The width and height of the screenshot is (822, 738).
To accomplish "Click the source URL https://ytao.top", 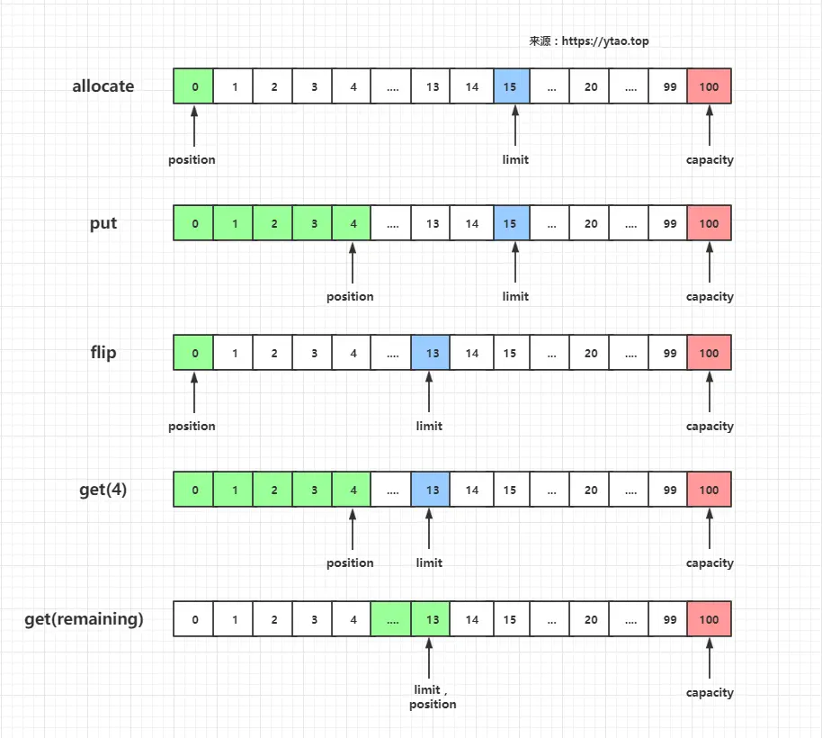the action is (x=605, y=40).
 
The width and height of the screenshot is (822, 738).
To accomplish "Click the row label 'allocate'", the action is (x=103, y=86).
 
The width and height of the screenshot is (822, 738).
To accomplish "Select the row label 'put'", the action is (x=103, y=223).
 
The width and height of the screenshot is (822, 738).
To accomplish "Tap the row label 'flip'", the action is (x=103, y=353).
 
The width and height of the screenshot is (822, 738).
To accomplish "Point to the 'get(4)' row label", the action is (x=103, y=490).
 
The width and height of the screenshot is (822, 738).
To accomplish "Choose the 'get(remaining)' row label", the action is (x=84, y=619).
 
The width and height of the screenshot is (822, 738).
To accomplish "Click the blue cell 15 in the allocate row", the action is (x=511, y=86).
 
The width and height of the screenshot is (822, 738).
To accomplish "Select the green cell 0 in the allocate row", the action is (x=193, y=86).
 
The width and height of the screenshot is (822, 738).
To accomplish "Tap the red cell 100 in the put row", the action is (x=709, y=223).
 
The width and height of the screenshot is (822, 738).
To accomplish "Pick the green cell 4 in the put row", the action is (x=352, y=223).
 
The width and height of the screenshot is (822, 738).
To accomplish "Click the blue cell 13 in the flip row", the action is (x=431, y=353).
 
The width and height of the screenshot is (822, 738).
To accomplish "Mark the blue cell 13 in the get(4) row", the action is (x=431, y=490).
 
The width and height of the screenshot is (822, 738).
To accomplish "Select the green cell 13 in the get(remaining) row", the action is (x=431, y=619).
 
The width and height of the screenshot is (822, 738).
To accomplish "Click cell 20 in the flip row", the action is (x=589, y=353).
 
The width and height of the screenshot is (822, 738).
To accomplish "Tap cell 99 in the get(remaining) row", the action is (x=668, y=619).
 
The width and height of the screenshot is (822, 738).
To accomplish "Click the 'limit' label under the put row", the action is (x=515, y=296).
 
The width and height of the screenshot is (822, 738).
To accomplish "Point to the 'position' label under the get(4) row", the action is (x=350, y=562).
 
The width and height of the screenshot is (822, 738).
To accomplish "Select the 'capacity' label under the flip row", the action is (x=710, y=426).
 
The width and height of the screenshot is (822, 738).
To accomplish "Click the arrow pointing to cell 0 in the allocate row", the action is (x=194, y=126).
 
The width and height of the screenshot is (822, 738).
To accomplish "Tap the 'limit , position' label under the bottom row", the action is (x=432, y=697).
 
